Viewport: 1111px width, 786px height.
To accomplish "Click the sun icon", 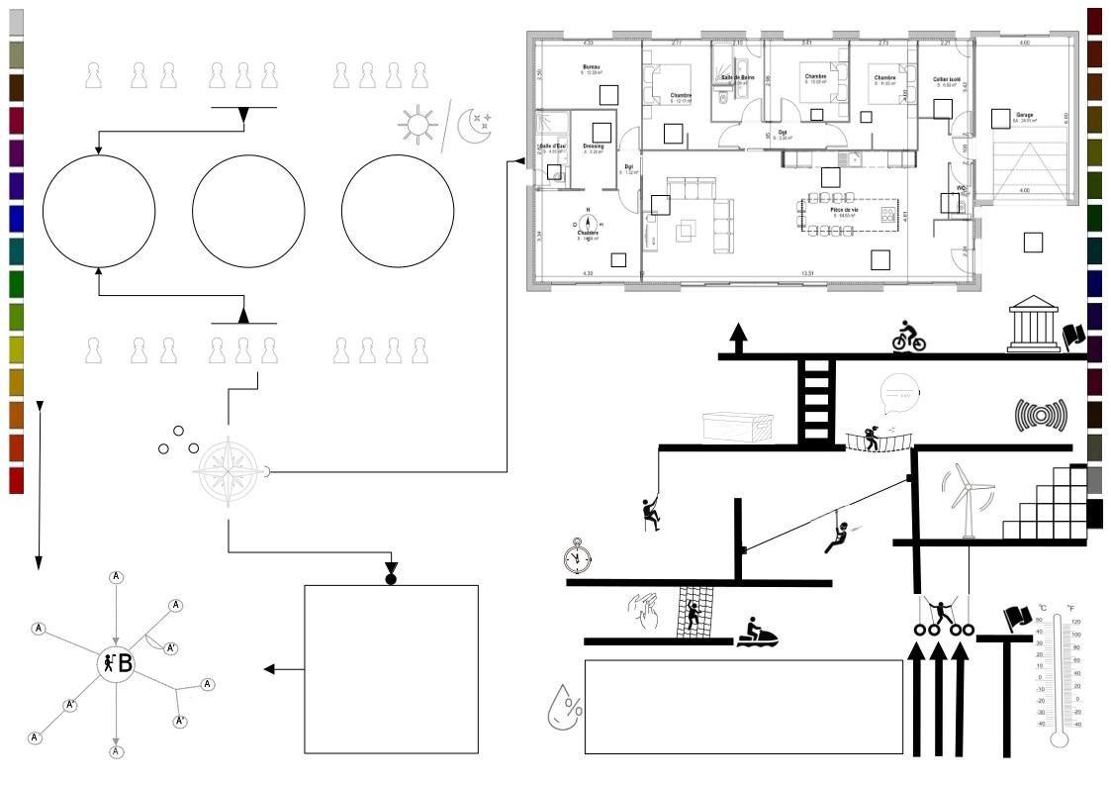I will click(x=417, y=123).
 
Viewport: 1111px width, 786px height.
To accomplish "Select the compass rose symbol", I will click(x=230, y=471).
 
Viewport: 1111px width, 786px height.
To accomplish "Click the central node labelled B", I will click(x=118, y=663).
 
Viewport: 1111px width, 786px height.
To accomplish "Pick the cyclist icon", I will click(x=908, y=337).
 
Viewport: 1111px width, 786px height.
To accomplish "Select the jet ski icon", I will click(x=757, y=633).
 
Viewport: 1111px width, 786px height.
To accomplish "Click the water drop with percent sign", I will click(x=564, y=704).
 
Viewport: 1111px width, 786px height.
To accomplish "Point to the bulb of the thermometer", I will click(x=1059, y=737).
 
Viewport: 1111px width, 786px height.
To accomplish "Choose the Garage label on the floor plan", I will click(x=1024, y=115).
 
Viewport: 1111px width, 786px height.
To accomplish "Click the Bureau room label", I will click(x=592, y=66).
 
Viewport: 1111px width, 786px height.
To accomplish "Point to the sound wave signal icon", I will click(x=1042, y=416).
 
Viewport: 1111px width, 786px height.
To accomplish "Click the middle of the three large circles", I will click(x=248, y=212).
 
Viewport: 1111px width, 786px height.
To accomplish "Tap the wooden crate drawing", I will click(x=736, y=428).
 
